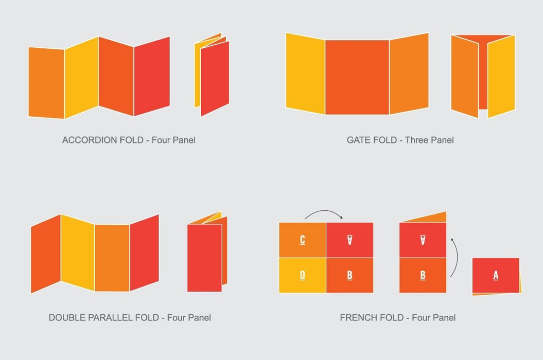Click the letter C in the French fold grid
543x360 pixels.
[x=302, y=240]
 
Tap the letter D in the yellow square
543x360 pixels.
[x=302, y=276]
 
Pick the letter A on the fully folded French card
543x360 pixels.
[x=496, y=276]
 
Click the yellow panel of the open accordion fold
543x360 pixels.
[x=82, y=78]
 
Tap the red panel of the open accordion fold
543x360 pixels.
[x=152, y=76]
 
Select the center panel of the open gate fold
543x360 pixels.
[x=357, y=77]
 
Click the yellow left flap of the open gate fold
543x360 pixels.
[x=305, y=74]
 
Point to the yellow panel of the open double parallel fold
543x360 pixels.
[x=78, y=253]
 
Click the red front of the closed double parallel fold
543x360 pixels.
[x=204, y=258]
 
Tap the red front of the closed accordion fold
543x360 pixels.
[x=215, y=79]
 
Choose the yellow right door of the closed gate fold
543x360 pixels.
[x=501, y=77]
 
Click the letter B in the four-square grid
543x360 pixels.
[x=350, y=276]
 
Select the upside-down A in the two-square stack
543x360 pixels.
[x=423, y=240]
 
